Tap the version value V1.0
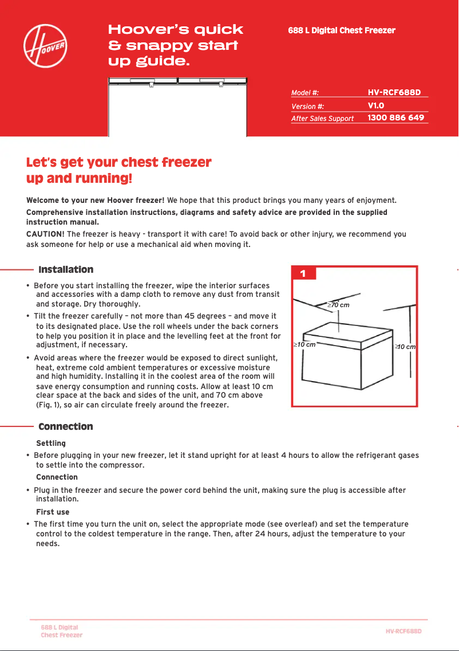click(375, 105)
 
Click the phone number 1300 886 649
click(395, 117)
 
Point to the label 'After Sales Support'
click(322, 119)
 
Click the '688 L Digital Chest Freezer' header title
click(342, 30)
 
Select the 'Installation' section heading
click(66, 269)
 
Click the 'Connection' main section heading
click(65, 426)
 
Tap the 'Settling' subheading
click(51, 443)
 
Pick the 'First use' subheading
click(53, 512)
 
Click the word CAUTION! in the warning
click(45, 234)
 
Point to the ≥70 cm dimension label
click(338, 305)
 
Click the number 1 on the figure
click(303, 274)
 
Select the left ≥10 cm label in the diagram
click(304, 345)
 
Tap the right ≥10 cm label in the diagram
click(405, 347)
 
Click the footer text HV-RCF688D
click(403, 631)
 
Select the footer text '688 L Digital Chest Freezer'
click(61, 631)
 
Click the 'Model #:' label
click(305, 92)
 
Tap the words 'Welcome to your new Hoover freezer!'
click(96, 201)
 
